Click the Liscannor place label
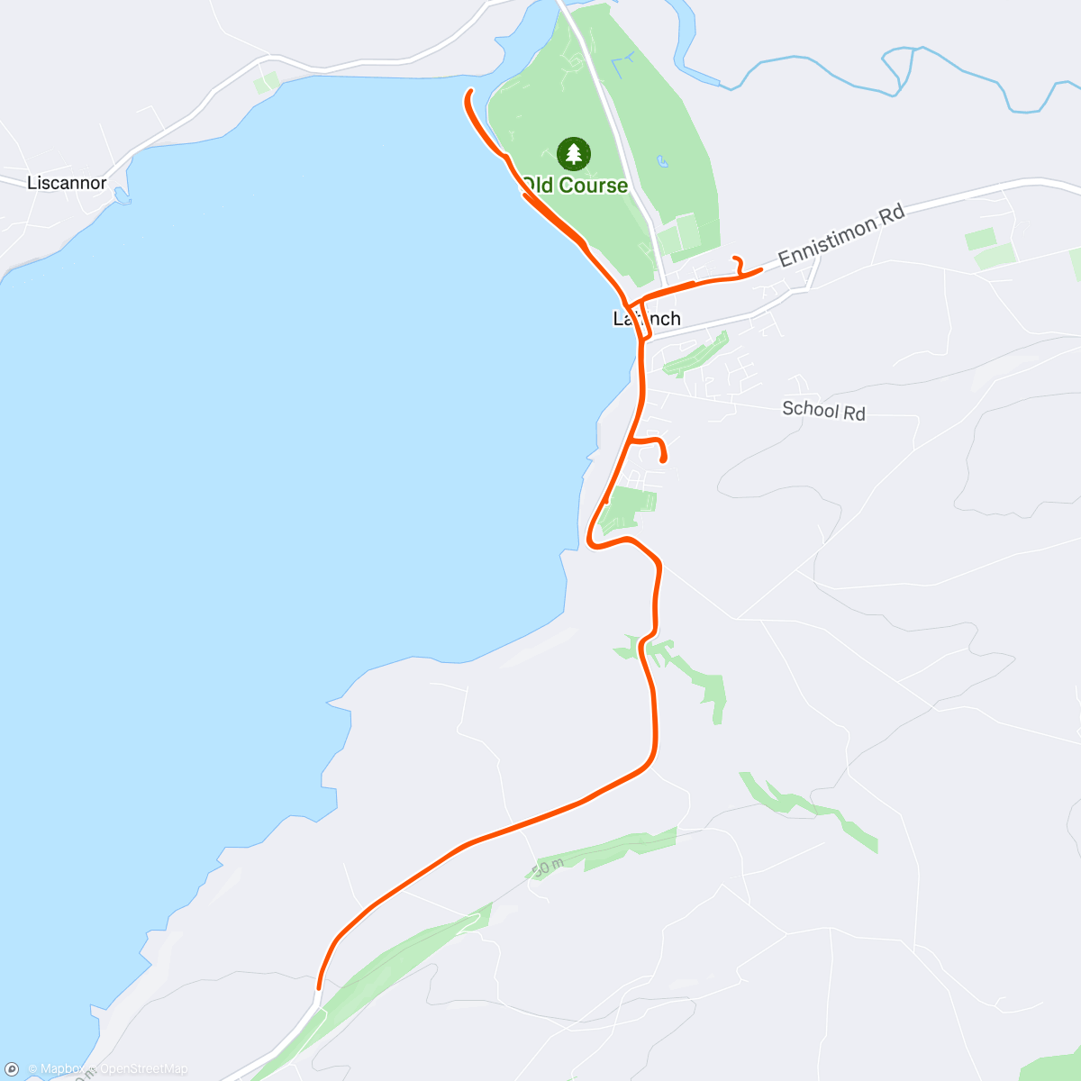click(67, 183)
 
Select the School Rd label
click(823, 410)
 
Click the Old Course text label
click(575, 186)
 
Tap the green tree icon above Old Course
click(574, 154)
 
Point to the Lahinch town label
click(647, 319)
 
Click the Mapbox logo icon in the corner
click(13, 1068)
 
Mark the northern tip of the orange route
click(470, 91)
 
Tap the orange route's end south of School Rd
click(664, 459)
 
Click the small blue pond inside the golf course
click(663, 163)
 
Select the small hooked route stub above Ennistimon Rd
click(738, 264)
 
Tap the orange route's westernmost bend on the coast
click(590, 542)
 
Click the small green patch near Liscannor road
click(267, 83)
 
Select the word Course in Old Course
click(593, 186)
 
